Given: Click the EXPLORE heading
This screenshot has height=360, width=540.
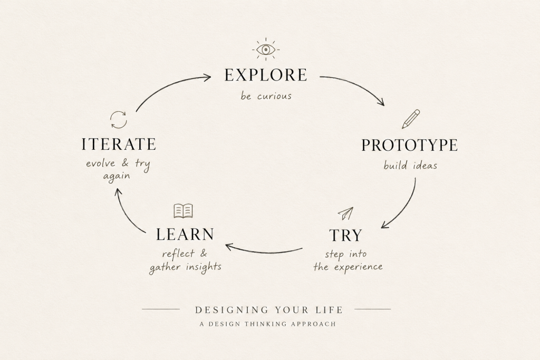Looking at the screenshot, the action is (x=266, y=75).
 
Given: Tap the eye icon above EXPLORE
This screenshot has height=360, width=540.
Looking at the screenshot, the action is (x=266, y=50).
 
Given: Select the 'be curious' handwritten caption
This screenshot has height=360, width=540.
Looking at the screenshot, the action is (x=266, y=96).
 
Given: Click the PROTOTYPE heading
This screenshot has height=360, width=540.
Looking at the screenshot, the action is (x=409, y=145).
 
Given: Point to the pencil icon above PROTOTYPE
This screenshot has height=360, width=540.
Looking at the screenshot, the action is (x=411, y=119).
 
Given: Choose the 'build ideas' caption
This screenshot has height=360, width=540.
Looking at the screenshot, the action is (x=410, y=166).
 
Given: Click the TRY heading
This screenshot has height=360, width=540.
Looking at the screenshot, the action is (x=346, y=236).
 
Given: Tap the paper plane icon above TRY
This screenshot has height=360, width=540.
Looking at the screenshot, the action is (x=346, y=213).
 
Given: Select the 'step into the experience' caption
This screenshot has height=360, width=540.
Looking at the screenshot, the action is (x=348, y=260).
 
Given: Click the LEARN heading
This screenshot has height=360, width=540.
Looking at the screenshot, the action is (x=185, y=235).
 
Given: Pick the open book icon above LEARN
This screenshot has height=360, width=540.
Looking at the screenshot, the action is (x=183, y=211).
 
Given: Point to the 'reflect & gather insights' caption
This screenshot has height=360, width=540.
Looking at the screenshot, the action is (x=185, y=261).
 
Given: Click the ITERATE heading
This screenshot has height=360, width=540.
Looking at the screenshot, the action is (x=119, y=144).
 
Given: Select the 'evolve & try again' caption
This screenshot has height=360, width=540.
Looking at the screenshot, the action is (x=118, y=169).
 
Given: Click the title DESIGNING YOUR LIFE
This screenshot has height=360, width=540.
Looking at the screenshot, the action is (x=269, y=310).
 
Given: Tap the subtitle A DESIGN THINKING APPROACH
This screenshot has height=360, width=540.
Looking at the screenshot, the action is (x=267, y=324).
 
